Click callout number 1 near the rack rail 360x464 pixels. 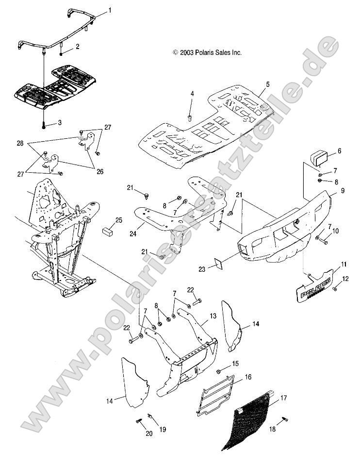(x=110, y=10)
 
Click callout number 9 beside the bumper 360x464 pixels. (x=342, y=191)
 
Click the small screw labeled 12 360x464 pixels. (x=334, y=289)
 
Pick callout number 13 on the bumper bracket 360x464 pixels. (x=226, y=315)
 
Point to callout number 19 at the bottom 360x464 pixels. (x=163, y=429)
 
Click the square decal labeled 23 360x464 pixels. (x=218, y=265)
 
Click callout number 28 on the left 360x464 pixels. (x=20, y=144)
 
